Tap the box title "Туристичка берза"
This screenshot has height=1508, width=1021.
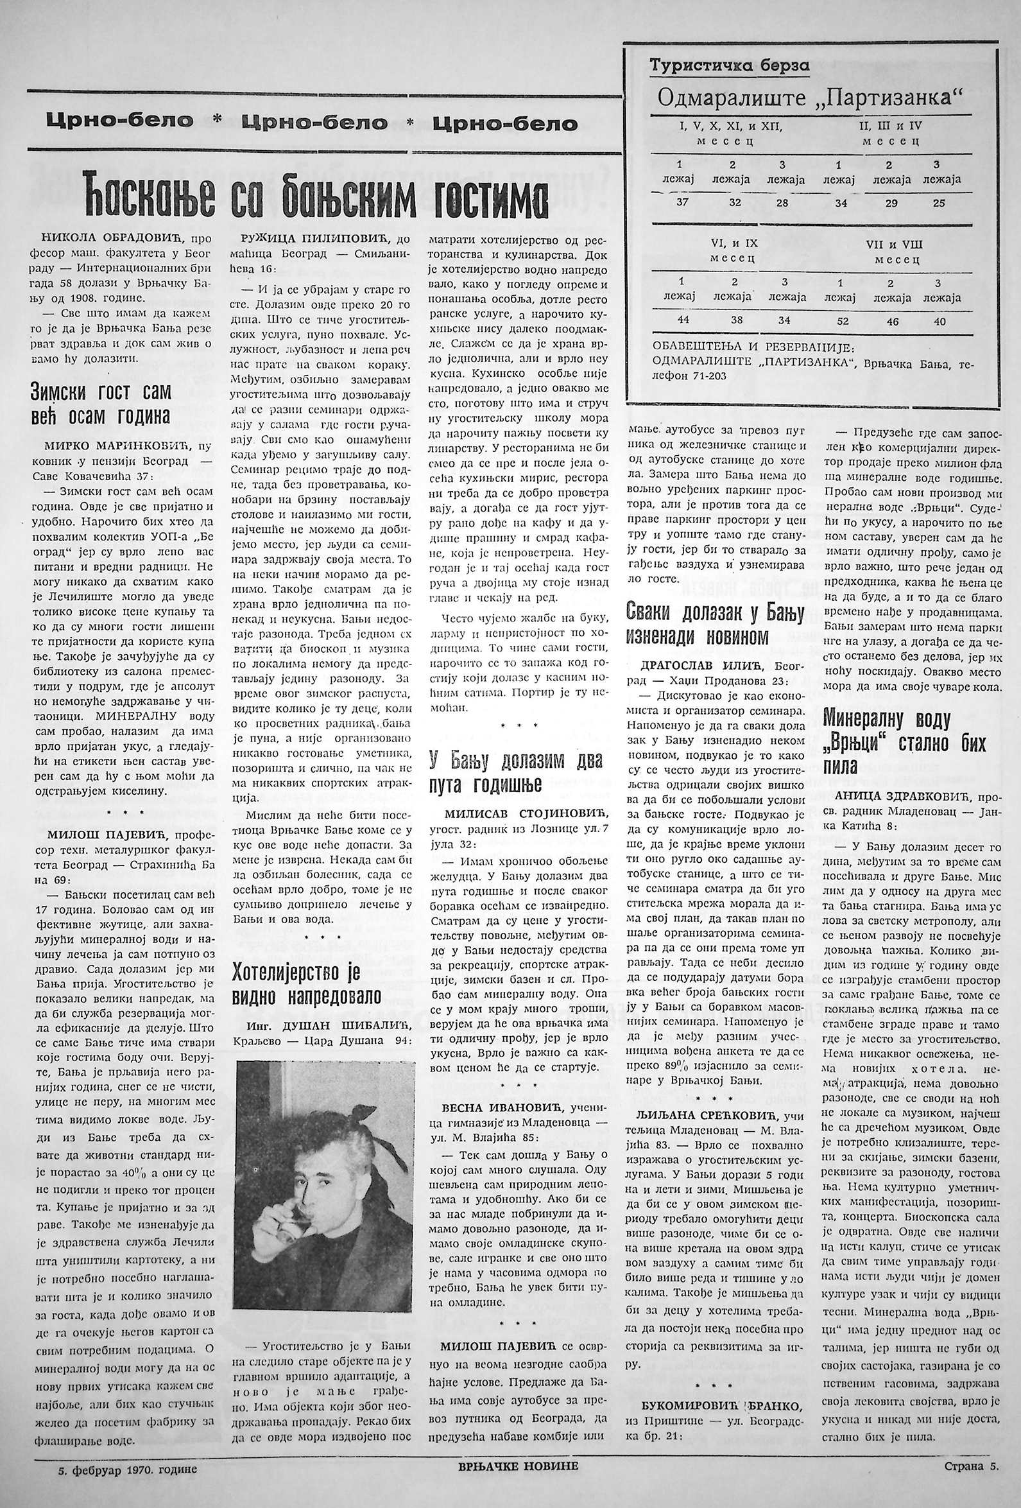(730, 65)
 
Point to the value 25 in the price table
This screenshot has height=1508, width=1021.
(938, 203)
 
